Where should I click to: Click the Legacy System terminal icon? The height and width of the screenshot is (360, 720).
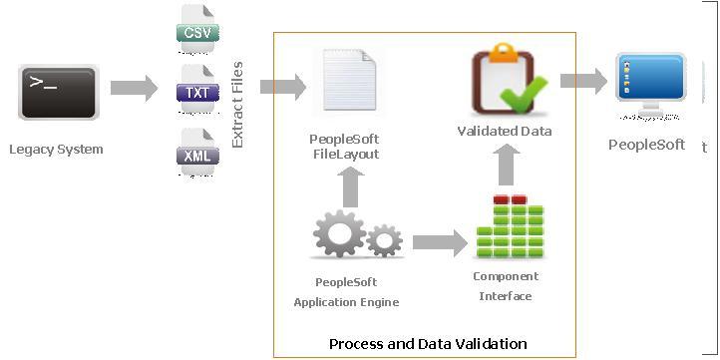click(59, 92)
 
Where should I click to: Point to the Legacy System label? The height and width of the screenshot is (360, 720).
click(56, 150)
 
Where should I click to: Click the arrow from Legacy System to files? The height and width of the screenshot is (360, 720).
click(134, 88)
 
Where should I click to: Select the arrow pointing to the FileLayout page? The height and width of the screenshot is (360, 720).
click(282, 87)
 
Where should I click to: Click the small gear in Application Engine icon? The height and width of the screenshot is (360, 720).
click(384, 240)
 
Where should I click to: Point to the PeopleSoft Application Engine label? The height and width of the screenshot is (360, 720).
click(346, 291)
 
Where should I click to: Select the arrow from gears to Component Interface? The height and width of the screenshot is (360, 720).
click(438, 242)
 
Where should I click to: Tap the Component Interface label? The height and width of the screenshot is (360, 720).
click(506, 286)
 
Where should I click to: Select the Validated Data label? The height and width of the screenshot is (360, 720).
click(505, 132)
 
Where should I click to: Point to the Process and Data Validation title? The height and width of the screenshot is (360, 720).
click(428, 344)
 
